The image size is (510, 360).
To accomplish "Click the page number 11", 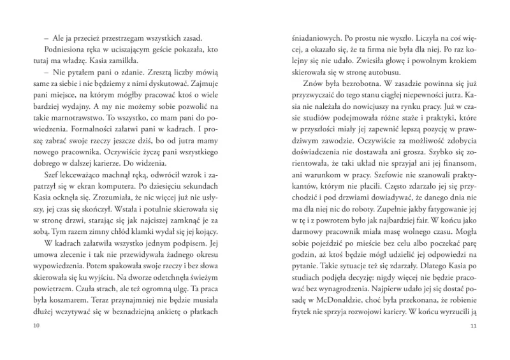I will pos(474,326).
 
